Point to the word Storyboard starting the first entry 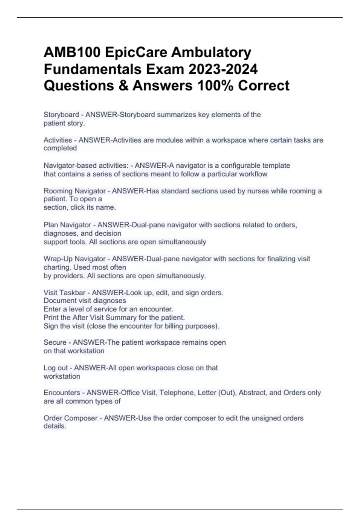point(61,115)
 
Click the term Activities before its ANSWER point(58,140)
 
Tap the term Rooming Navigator point(75,191)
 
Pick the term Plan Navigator point(67,225)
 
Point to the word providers point(69,276)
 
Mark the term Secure point(55,343)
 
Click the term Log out point(56,368)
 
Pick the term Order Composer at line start point(70,418)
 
